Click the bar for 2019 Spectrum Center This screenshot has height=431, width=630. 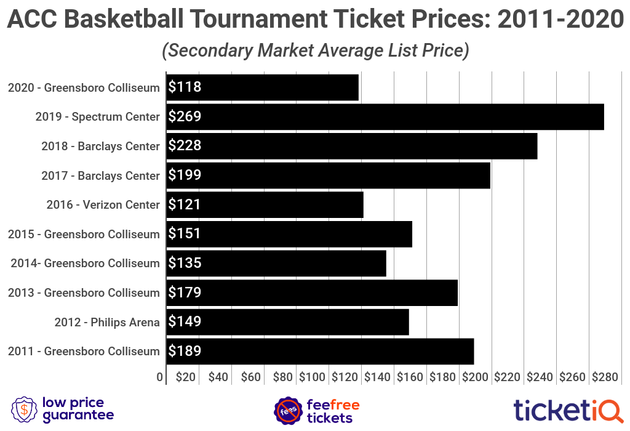385,116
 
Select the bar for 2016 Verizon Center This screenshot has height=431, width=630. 265,204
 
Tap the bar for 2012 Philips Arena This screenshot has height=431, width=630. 288,321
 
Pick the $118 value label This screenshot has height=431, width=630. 185,87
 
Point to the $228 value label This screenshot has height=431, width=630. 185,146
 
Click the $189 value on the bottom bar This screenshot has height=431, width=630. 185,351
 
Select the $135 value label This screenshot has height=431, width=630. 185,263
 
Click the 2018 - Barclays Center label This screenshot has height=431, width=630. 100,146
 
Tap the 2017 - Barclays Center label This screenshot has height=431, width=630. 100,175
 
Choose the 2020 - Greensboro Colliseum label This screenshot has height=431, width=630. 84,87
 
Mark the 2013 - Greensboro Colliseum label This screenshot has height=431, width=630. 84,292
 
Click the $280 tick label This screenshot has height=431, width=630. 605,377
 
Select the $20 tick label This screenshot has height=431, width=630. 186,377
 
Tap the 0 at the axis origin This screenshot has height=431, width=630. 160,377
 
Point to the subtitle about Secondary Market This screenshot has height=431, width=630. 315,50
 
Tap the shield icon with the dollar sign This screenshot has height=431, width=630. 23,409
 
